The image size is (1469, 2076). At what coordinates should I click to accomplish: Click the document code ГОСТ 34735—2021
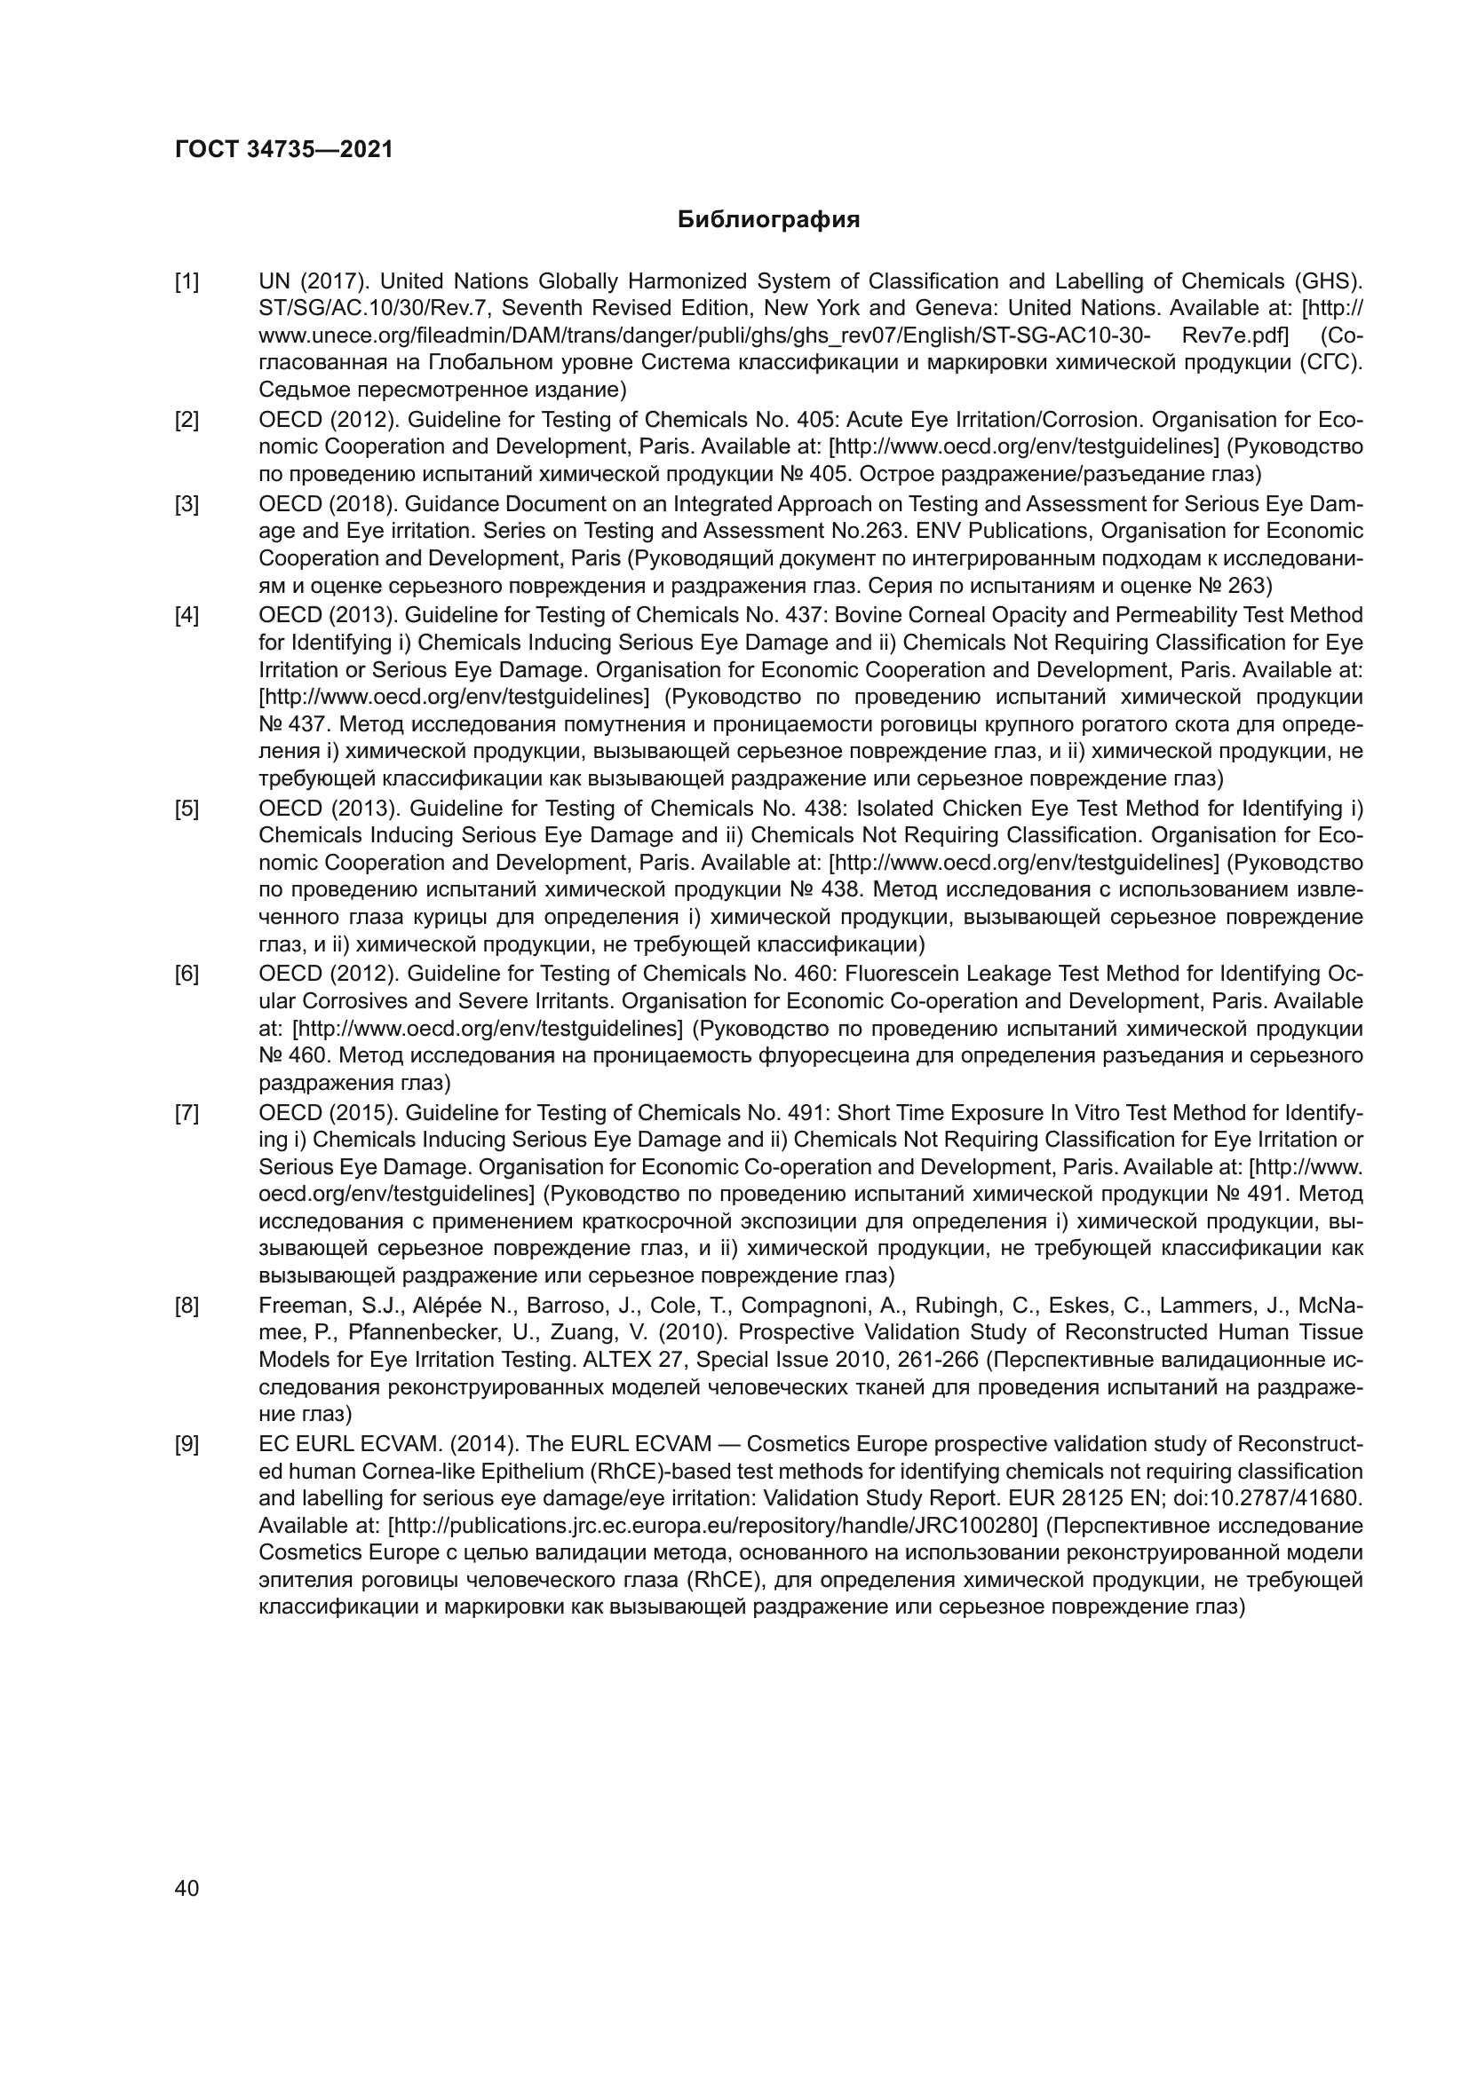click(x=284, y=150)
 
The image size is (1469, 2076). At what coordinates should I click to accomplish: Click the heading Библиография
click(x=769, y=220)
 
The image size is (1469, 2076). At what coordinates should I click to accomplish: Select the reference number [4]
click(x=187, y=616)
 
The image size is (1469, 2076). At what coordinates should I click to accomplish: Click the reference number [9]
click(x=187, y=1444)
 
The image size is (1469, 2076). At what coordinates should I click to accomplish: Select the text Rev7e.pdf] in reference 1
click(x=1235, y=336)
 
